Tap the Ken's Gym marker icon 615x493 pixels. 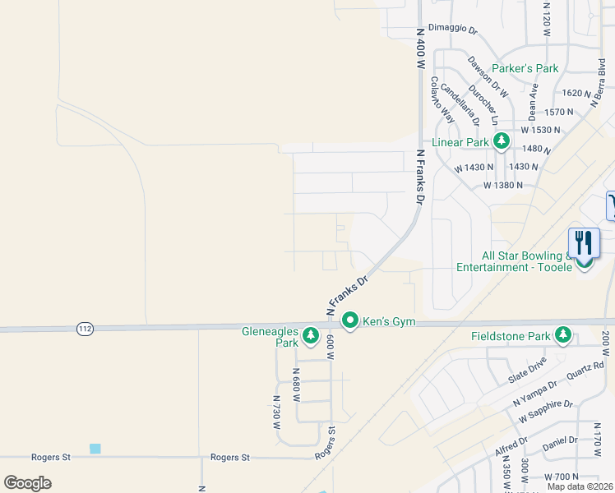pos(350,320)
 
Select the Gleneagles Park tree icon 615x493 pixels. pos(311,334)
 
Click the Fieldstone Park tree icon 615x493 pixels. pos(563,334)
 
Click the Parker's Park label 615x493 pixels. pos(525,68)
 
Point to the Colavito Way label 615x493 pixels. pos(442,99)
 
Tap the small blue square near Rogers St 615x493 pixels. pos(95,449)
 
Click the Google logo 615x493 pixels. pos(27,483)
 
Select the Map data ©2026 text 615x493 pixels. pos(579,486)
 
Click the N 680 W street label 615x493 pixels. pos(297,384)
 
